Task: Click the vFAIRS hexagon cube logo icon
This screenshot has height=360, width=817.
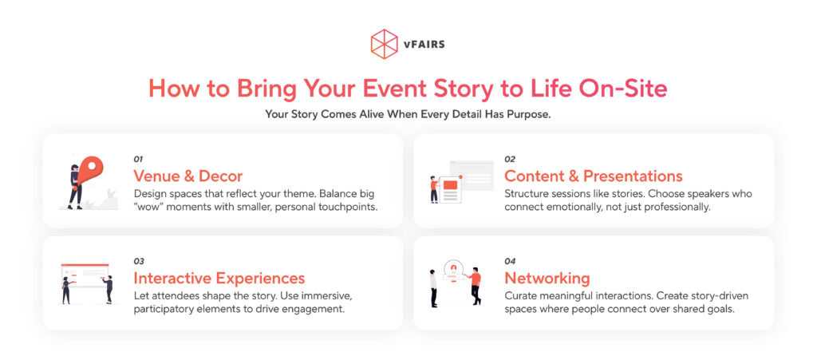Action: tap(384, 44)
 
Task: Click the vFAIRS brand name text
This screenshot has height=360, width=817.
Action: tap(424, 45)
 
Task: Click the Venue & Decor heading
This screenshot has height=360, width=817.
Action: tap(188, 176)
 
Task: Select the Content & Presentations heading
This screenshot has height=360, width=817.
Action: tap(594, 176)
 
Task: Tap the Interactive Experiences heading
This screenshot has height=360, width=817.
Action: tap(219, 279)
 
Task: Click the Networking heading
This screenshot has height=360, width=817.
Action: tap(547, 279)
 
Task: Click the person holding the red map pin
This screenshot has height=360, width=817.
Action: tap(77, 185)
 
